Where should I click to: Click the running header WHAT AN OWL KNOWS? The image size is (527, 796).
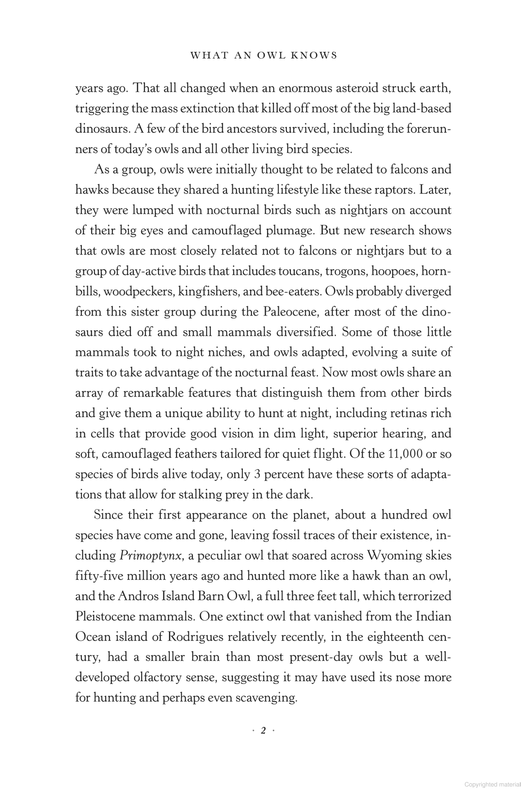click(263, 56)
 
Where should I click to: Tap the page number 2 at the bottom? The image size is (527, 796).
click(263, 731)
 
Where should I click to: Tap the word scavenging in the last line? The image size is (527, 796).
click(268, 698)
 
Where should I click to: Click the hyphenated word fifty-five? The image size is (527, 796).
click(98, 576)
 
